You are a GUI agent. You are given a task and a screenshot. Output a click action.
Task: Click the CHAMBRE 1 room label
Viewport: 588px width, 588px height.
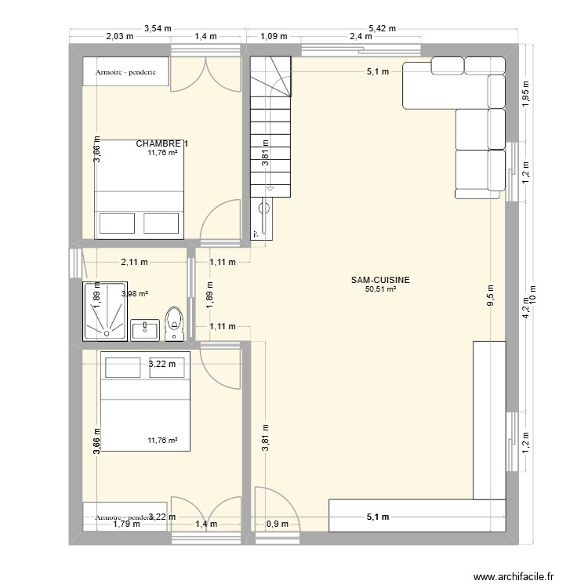pos(162,143)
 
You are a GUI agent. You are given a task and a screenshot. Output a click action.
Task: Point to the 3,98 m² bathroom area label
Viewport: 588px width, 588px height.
pos(135,295)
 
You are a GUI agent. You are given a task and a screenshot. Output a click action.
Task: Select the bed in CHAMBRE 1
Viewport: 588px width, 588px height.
pos(140,189)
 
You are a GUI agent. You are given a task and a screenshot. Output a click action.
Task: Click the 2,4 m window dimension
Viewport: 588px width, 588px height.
pos(361,36)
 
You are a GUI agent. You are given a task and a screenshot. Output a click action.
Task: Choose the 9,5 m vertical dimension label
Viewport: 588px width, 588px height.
pos(490,296)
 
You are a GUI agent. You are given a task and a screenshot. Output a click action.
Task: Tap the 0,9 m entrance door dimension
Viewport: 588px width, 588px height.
pos(278,524)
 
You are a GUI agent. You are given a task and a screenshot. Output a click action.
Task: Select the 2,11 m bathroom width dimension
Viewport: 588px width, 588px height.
pos(134,263)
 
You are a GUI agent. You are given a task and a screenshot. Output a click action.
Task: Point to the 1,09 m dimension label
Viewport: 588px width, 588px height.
pos(273,36)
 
